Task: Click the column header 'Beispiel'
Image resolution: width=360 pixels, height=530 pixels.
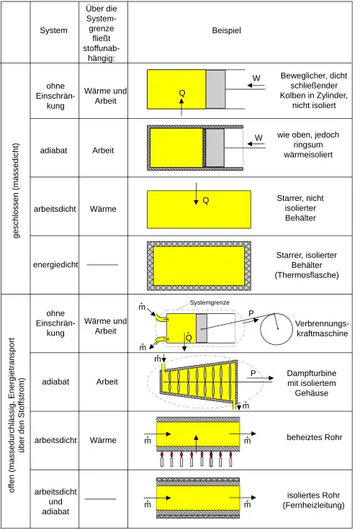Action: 227,30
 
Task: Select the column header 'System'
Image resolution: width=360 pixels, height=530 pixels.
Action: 53,30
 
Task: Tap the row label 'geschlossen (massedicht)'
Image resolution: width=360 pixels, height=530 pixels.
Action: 16,191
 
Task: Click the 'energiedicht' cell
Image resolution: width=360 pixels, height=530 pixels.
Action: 55,264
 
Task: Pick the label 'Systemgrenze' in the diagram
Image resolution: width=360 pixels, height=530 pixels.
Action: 210,302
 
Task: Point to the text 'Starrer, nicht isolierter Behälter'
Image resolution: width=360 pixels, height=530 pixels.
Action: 300,208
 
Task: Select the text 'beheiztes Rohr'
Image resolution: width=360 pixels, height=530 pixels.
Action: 315,437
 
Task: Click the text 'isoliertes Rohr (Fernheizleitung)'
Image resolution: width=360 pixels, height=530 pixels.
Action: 313,500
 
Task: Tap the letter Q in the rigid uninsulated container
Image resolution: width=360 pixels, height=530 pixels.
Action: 205,200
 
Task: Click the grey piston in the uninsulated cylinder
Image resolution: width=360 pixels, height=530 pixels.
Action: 215,89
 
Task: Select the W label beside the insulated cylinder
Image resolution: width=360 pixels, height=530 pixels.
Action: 258,138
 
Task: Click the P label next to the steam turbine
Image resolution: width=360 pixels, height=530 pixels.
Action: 253,373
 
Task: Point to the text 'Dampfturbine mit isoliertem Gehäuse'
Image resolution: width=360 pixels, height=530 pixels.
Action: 311,383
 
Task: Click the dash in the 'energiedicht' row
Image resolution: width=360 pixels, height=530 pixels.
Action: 102,264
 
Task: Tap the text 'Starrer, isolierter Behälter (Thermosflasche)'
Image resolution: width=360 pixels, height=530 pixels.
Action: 307,265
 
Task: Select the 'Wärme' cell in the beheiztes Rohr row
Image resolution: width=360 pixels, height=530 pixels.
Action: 103,440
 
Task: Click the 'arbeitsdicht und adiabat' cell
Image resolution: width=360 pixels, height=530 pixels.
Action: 55,501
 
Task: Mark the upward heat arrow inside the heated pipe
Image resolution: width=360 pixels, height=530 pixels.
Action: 196,444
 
